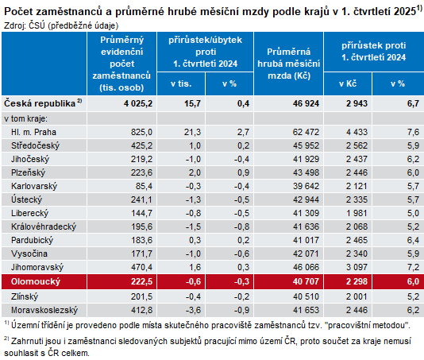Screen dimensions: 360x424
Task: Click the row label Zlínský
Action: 27,296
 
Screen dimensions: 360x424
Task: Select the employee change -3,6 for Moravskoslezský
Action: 193,309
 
